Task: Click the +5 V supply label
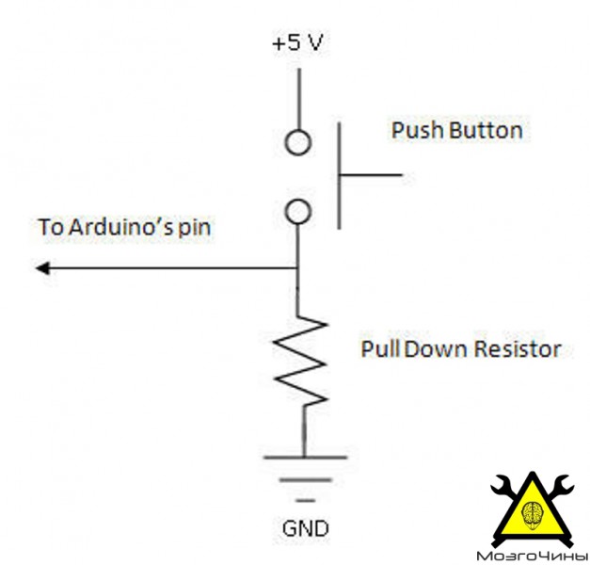coord(297,42)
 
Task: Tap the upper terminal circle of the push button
coord(298,131)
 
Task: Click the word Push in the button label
coord(417,131)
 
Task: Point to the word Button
coord(486,131)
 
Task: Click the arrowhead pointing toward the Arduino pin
coord(42,268)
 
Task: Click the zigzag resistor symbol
coord(300,361)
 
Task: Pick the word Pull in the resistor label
coord(380,348)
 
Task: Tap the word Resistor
coord(518,348)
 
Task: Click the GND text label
coord(305,528)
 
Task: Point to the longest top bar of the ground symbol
coord(305,458)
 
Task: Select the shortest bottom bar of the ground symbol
coord(306,501)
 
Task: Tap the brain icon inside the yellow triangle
coord(532,515)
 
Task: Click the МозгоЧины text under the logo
coord(532,556)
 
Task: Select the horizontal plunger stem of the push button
coord(371,175)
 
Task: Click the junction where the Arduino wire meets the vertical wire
coord(297,268)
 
